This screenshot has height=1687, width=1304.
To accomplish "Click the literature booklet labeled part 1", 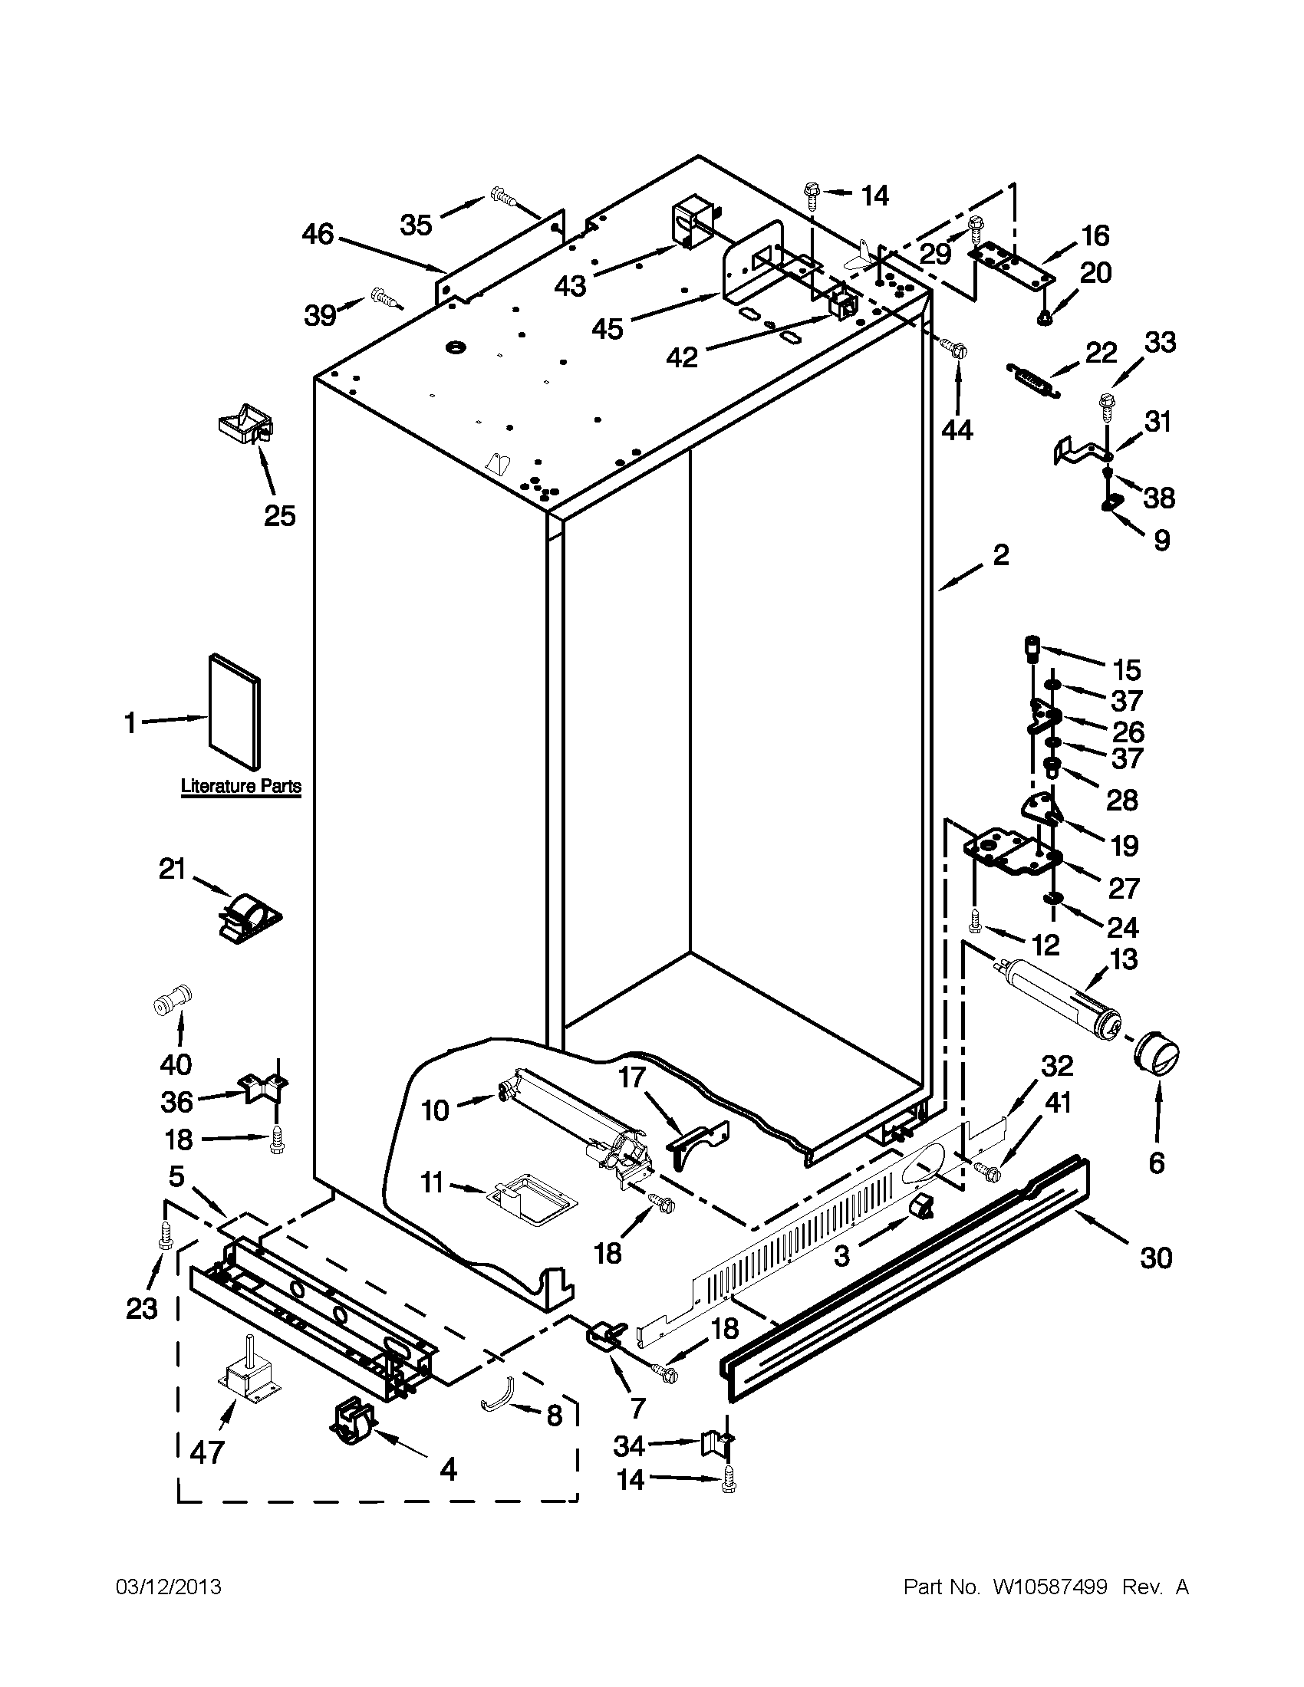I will pos(234,712).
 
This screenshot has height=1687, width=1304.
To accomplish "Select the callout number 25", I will pos(280,515).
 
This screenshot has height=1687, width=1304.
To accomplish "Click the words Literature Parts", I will pos(241,786).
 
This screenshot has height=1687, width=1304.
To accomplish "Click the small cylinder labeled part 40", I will pos(172,1002).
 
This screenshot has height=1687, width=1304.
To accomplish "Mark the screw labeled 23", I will pos(165,1236).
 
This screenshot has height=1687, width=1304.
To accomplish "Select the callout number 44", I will pos(957,429).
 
